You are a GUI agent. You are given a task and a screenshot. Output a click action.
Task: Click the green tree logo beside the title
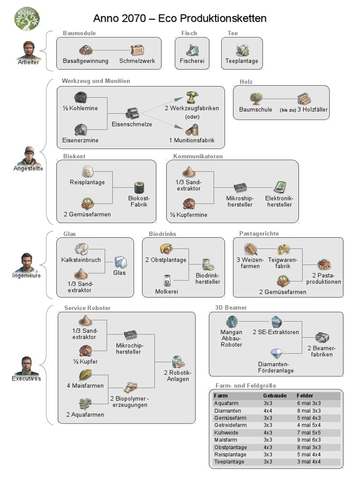pyautogui.click(x=24, y=17)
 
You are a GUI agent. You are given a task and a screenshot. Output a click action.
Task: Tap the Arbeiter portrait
pyautogui.click(x=29, y=51)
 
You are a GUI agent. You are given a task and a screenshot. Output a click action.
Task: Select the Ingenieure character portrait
pyautogui.click(x=27, y=262)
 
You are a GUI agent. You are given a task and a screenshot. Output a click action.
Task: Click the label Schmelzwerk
pyautogui.click(x=137, y=61)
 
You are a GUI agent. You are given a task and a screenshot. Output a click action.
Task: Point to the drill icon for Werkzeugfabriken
pyautogui.click(x=192, y=98)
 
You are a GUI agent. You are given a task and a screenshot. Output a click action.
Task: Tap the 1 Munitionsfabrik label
pyautogui.click(x=191, y=140)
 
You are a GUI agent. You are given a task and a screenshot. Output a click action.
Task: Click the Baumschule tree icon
pyautogui.click(x=256, y=98)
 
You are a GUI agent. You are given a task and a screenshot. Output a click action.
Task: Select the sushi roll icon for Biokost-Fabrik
pyautogui.click(x=139, y=187)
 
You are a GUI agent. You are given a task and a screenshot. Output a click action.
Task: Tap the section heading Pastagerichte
pyautogui.click(x=259, y=233)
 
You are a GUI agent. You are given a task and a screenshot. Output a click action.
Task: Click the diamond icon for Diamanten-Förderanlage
pyautogui.click(x=277, y=354)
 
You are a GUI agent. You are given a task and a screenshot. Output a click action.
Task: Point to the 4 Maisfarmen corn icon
pyautogui.click(x=85, y=375)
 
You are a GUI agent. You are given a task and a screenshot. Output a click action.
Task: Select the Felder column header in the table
pyautogui.click(x=305, y=396)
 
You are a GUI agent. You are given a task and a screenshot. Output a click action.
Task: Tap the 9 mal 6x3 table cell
pyautogui.click(x=309, y=440)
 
